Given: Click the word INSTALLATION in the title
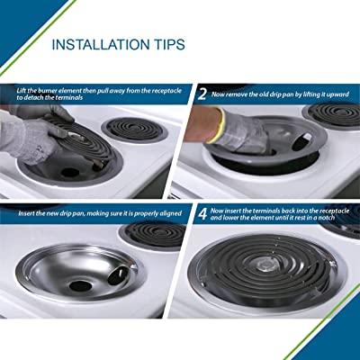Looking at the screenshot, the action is (100, 44).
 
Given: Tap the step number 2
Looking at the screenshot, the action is (202, 94).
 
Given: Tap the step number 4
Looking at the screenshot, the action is (203, 214).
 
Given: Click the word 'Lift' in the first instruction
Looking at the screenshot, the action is (22, 91).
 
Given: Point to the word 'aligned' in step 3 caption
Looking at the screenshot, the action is (171, 213).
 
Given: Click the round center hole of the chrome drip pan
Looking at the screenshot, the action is (80, 286).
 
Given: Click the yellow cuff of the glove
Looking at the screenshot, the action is (219, 126).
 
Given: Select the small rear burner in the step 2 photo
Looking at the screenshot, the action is (334, 113).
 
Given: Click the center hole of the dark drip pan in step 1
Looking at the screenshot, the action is (70, 172).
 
